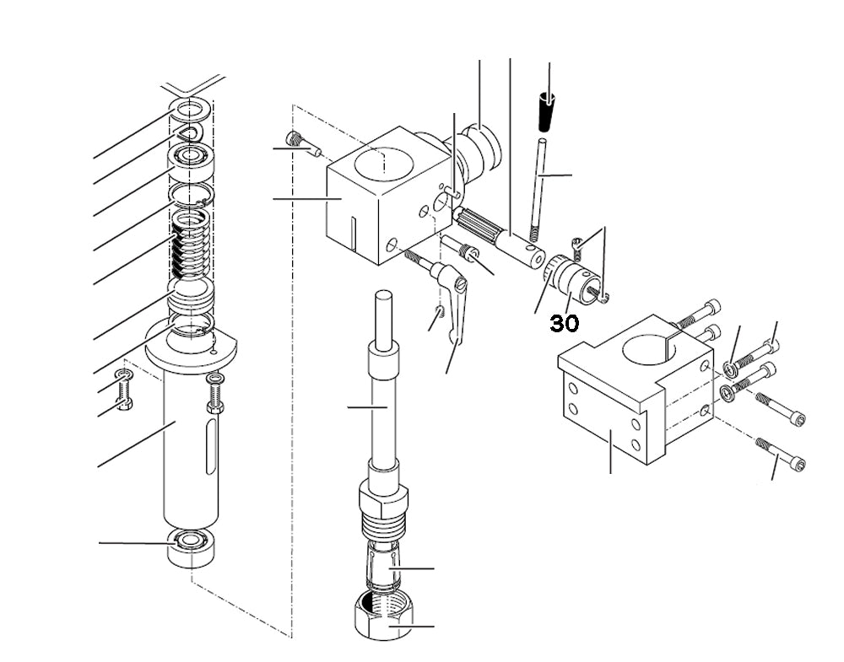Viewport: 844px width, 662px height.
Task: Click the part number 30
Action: tap(565, 323)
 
